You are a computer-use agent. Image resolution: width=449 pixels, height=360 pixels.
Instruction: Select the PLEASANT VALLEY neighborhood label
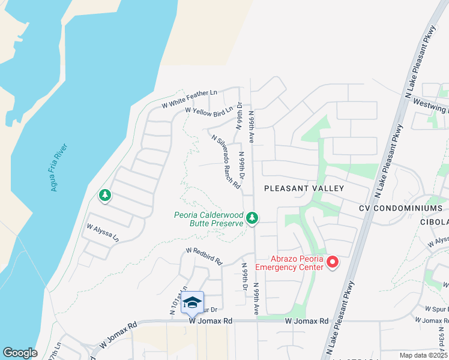pos(304,188)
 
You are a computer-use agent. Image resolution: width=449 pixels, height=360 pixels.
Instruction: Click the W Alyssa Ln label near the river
pos(103,233)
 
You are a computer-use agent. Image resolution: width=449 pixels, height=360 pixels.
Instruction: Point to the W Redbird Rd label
pos(204,256)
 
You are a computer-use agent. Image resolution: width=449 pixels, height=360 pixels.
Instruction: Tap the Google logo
pos(20,353)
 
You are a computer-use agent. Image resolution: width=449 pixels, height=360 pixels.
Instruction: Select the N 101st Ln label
pos(174,300)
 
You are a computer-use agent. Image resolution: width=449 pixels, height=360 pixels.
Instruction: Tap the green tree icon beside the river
pos(105,196)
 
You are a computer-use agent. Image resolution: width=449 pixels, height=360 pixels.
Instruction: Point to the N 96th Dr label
pos(239,115)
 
